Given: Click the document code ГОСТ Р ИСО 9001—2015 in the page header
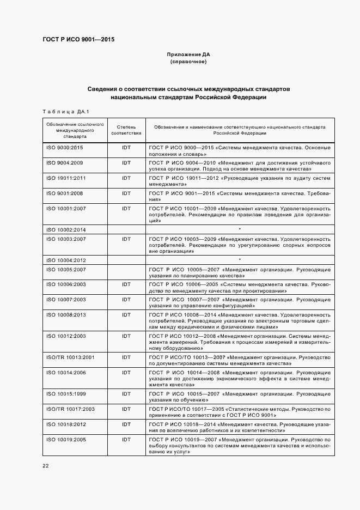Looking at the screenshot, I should [78, 39].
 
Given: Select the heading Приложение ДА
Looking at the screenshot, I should [188, 54].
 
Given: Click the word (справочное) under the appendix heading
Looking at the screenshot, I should [188, 62].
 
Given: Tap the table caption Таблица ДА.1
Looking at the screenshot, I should [65, 112].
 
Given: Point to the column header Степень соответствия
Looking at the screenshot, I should [126, 130].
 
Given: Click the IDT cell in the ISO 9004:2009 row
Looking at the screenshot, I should [126, 163].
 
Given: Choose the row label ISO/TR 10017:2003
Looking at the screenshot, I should [70, 409].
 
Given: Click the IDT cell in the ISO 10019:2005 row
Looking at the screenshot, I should [126, 439].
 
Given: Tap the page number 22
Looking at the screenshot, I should [45, 465].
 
